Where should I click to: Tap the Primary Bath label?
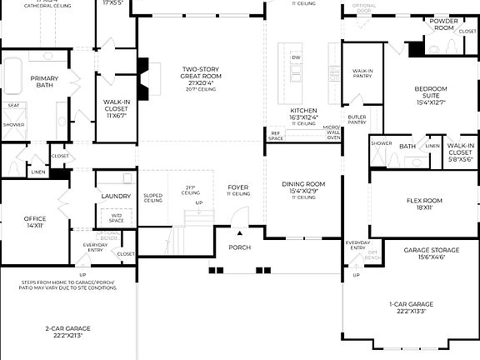(x=44, y=82)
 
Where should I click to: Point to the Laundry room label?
(x=116, y=197)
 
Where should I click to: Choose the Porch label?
(x=239, y=247)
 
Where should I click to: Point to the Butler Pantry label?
(x=357, y=120)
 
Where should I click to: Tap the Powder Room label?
(x=443, y=24)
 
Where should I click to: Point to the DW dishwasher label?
(x=295, y=57)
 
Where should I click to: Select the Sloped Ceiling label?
(x=152, y=198)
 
